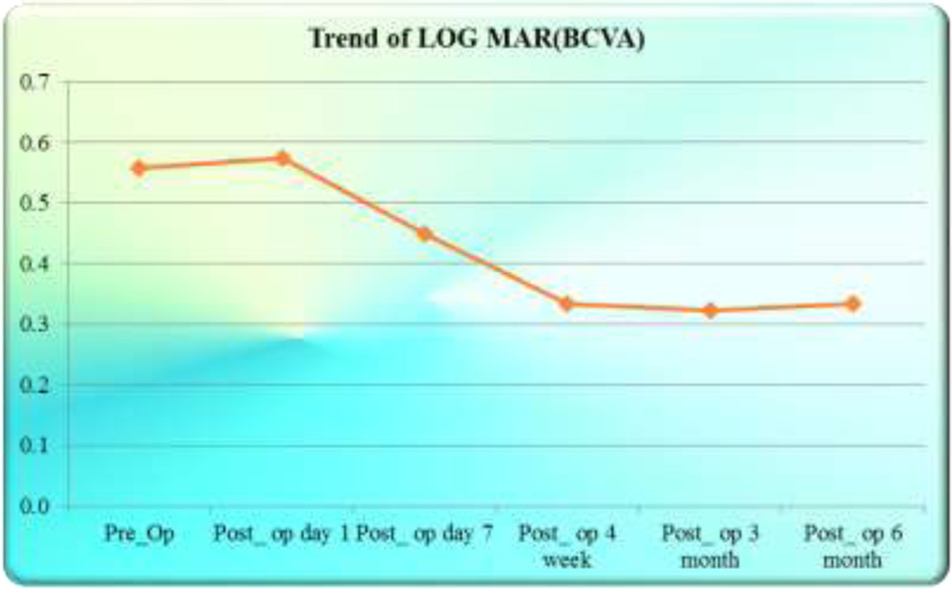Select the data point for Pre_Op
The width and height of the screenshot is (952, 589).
point(139,168)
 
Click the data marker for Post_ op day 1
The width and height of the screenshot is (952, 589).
point(282,158)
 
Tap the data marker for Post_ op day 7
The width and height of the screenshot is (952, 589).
point(425,234)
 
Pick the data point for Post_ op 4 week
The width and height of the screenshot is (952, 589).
point(566,304)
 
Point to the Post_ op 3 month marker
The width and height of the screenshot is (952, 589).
point(709,310)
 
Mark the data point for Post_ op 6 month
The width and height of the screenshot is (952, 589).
point(852,304)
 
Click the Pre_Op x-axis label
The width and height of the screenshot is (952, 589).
point(139,534)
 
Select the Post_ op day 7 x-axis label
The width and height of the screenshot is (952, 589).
point(425,534)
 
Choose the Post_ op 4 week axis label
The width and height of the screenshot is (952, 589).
point(566,546)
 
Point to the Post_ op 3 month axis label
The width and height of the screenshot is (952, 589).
point(709,546)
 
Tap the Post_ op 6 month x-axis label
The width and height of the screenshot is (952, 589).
point(852,546)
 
